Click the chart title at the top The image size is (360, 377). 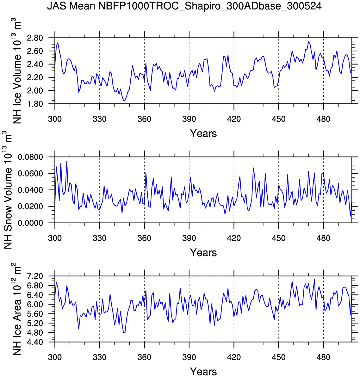184,6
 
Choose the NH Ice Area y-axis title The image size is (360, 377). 17,309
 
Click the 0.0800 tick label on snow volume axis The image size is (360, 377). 34,157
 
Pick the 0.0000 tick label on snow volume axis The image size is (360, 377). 34,223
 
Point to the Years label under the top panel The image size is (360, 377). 203,133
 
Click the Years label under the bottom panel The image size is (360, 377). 203,372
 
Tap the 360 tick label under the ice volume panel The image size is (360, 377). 144,119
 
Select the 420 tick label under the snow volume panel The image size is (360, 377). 234,238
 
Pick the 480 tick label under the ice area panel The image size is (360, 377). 323,357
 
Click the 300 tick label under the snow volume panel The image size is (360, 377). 55,238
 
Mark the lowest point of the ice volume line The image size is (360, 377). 124,101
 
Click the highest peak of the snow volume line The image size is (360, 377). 67,161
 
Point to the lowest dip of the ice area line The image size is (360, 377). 124,333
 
